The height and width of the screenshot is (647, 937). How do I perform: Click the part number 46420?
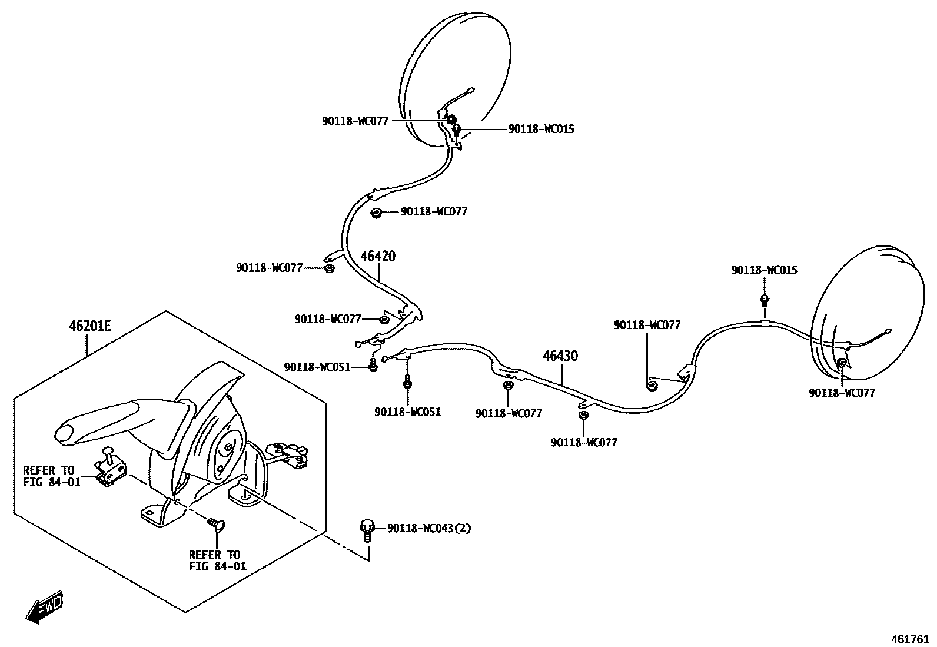378,256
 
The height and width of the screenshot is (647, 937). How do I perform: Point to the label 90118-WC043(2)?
429,528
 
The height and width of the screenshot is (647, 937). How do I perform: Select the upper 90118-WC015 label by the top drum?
541,129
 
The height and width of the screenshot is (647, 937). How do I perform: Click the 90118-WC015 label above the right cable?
764,270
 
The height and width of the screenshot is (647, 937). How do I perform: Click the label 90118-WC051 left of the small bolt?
317,367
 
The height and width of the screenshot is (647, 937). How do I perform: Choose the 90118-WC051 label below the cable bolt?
407,412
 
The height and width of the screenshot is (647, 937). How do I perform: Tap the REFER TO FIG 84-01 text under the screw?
214,560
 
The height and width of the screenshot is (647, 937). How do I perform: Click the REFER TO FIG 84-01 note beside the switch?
49,476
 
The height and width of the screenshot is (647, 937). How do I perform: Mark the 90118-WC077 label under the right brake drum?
842,393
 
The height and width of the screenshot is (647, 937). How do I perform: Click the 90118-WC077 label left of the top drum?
355,121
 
